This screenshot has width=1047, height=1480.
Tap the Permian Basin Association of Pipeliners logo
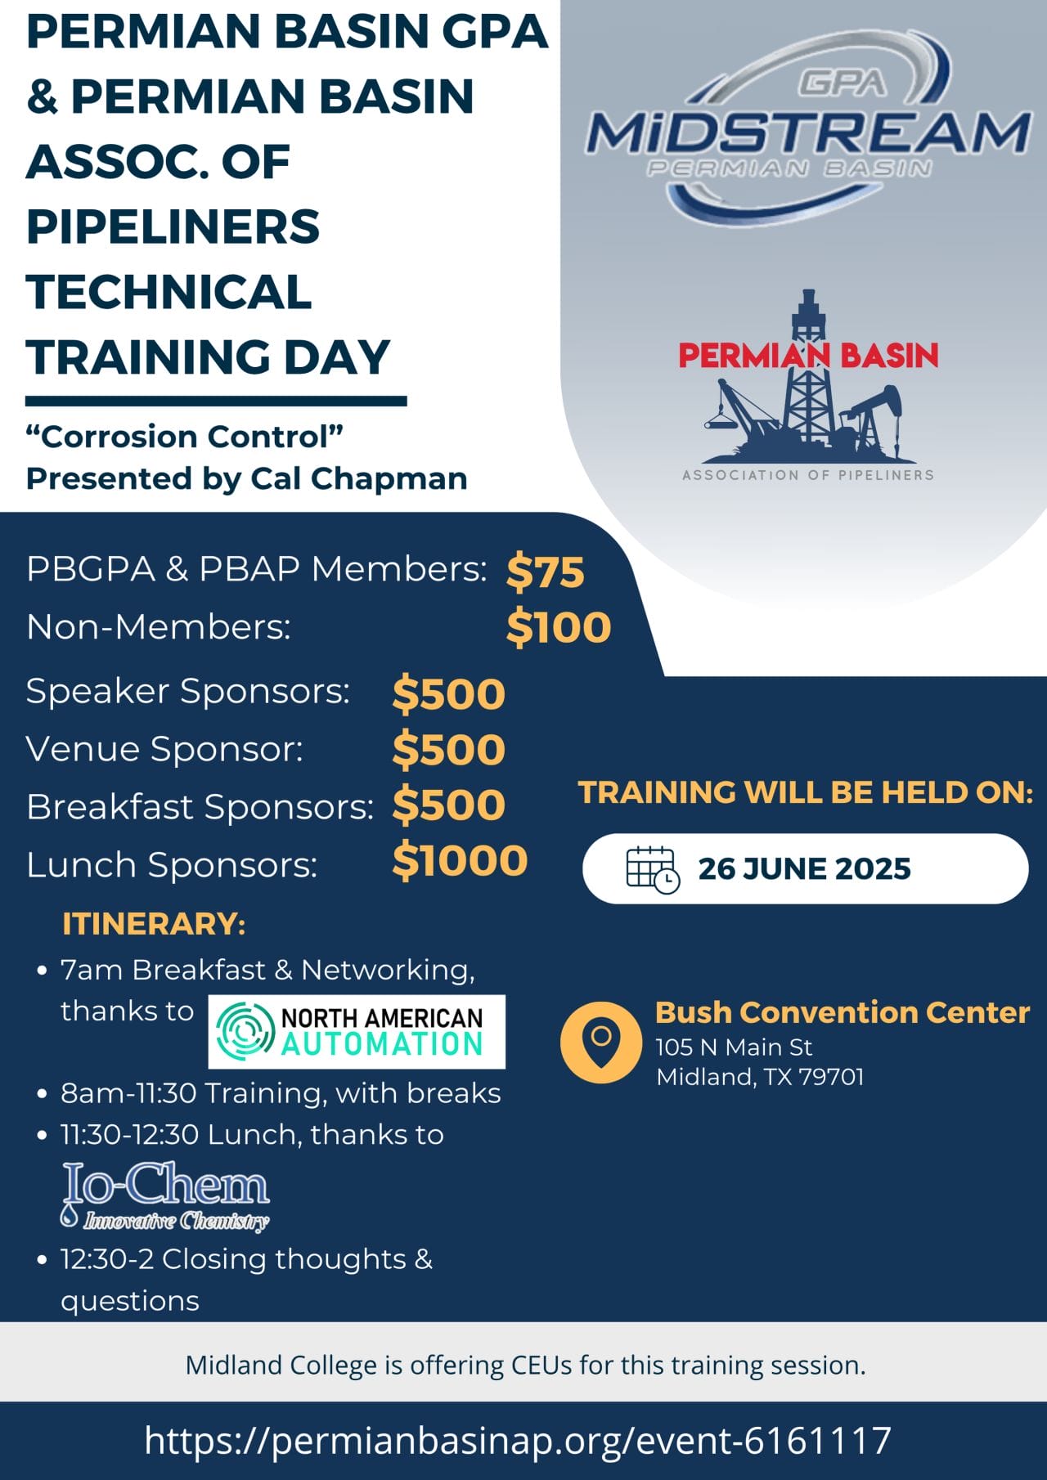click(808, 385)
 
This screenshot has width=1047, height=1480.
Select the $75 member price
click(545, 571)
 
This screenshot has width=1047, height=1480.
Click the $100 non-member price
click(559, 628)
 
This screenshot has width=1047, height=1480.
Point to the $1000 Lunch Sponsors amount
click(460, 861)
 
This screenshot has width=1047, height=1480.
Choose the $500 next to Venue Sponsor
click(448, 750)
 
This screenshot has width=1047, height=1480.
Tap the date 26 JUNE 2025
click(804, 868)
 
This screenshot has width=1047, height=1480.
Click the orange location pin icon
click(601, 1042)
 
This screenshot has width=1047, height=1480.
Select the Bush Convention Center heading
click(843, 1012)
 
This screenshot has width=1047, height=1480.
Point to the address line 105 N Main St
click(734, 1047)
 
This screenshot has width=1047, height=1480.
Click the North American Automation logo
click(357, 1032)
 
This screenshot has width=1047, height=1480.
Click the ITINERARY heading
click(154, 924)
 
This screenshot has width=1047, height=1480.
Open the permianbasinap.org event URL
click(518, 1441)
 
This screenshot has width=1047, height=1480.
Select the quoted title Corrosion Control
click(185, 436)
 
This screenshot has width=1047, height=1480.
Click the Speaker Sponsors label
click(188, 692)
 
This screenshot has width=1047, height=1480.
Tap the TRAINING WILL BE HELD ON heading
click(806, 792)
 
